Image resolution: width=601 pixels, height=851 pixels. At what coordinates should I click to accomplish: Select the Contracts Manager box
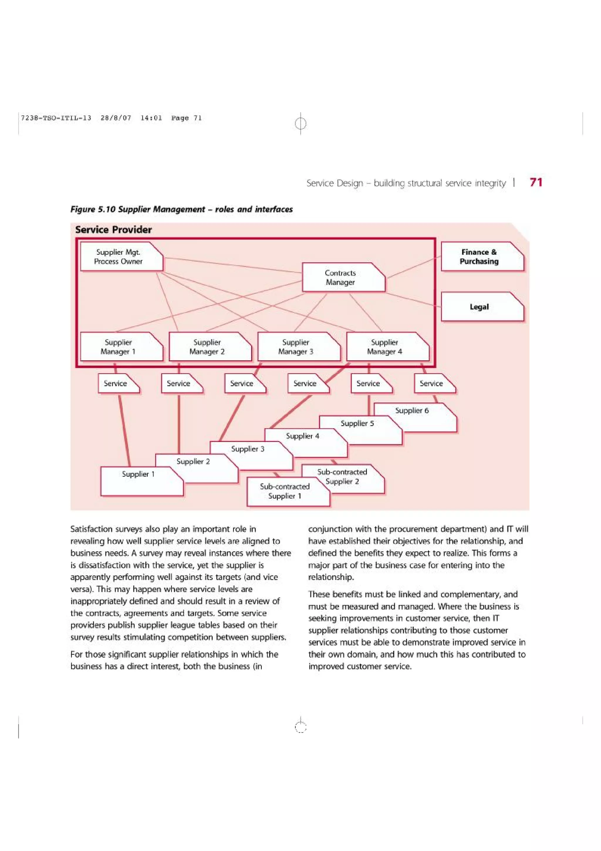[340, 277]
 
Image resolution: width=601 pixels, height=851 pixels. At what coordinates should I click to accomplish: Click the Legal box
[479, 307]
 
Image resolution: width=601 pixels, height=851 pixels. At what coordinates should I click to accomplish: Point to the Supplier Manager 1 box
[119, 347]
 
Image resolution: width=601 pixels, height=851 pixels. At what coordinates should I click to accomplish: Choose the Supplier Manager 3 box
[296, 347]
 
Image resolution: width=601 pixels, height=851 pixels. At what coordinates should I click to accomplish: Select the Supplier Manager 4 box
[385, 347]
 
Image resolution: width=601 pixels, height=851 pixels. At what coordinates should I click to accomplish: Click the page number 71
[536, 182]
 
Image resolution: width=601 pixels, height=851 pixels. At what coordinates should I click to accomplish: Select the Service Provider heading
[113, 230]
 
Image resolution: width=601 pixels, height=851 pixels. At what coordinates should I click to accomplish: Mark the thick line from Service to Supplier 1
[124, 430]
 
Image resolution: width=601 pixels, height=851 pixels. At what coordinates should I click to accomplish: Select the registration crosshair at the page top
[301, 123]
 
